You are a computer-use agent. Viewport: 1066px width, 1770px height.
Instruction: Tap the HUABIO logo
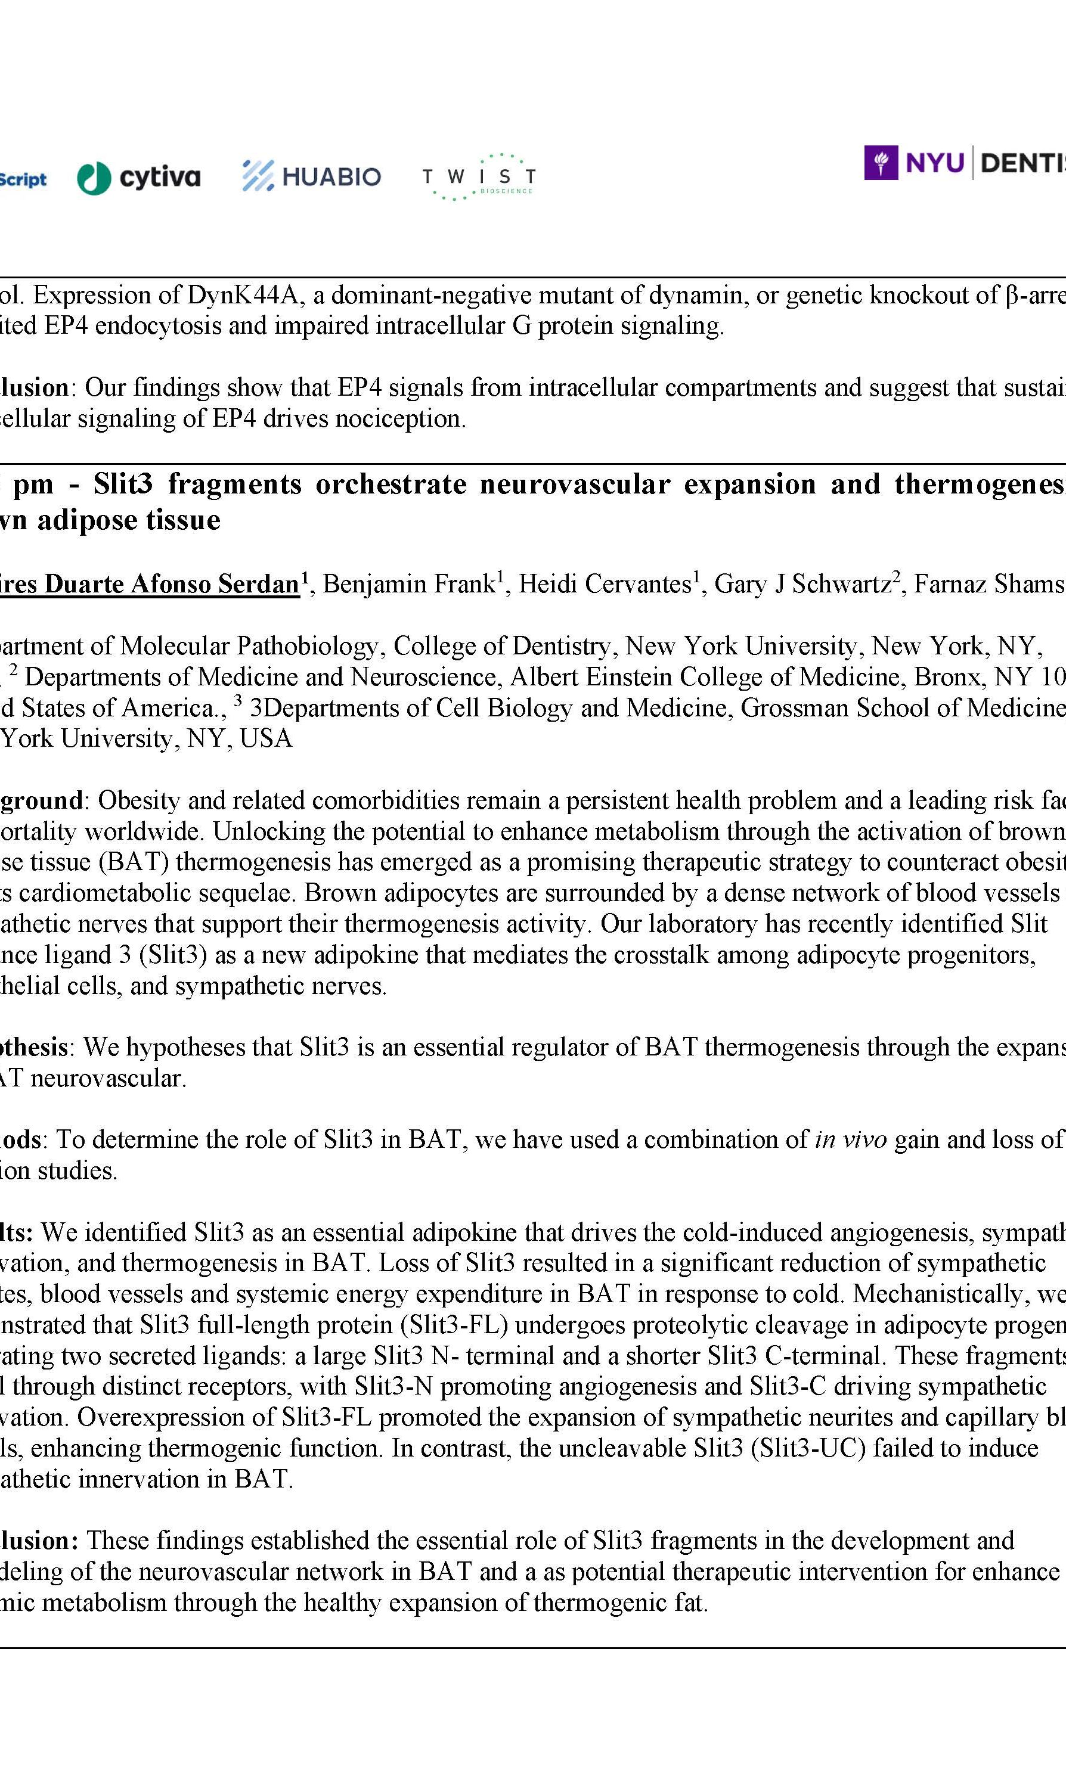pyautogui.click(x=312, y=176)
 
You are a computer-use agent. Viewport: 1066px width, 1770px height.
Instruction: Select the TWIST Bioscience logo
pyautogui.click(x=478, y=176)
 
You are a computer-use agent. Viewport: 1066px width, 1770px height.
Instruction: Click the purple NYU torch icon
pyautogui.click(x=881, y=163)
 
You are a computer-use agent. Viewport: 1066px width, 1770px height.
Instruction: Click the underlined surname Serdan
pyautogui.click(x=259, y=585)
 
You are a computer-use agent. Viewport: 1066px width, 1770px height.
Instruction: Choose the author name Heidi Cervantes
pyautogui.click(x=604, y=585)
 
